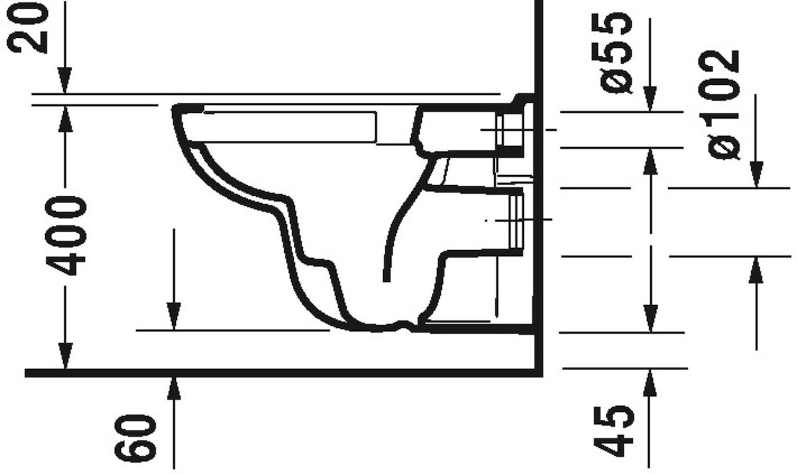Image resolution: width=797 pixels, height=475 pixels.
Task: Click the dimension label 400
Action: point(66,236)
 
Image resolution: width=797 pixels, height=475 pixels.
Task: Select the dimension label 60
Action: point(135,439)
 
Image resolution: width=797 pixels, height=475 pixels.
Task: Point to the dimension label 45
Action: point(614,431)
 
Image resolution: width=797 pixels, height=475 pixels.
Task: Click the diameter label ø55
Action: point(616,53)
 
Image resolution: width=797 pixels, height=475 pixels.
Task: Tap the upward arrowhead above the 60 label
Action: point(173,388)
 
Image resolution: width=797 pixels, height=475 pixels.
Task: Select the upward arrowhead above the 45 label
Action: point(650,383)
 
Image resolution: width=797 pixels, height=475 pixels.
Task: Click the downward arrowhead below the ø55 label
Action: point(650,99)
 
